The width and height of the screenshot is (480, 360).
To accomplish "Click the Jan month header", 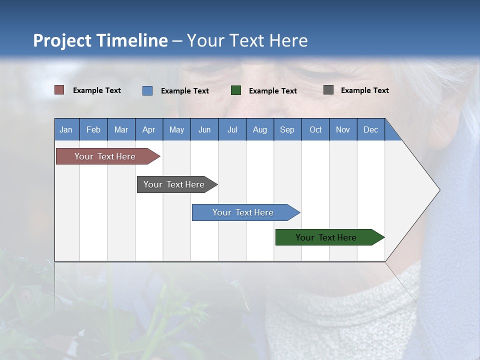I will pos(66,129).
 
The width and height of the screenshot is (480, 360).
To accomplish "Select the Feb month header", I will pos(93,129).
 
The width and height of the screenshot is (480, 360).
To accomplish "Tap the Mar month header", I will pos(121,129).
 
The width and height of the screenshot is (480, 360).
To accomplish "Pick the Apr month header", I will pos(149,129).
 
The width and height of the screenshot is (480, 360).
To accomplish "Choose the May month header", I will pos(176,129).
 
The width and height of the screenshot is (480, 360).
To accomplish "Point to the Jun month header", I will pos(204,129).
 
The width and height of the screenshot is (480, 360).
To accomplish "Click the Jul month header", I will pos(232,129).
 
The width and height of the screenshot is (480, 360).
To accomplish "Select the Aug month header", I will pos(260,129).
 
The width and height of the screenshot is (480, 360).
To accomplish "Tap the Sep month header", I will pos(287,129).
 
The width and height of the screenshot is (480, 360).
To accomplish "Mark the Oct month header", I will pos(315,129).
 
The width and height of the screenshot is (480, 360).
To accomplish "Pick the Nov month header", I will pos(343,129).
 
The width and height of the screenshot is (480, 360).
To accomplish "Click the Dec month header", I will pos(371,129).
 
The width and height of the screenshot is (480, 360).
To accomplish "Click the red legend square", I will pos(59,90).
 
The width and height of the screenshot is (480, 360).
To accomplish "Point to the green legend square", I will pos(236,90).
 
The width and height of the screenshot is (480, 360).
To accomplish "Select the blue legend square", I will pos(147,90).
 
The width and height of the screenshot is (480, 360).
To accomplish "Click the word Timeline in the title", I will pos(132,40).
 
